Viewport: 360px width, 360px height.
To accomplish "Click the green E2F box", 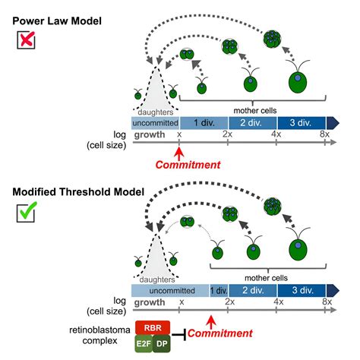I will [145, 344].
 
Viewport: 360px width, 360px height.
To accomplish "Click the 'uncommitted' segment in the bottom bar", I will [169, 289].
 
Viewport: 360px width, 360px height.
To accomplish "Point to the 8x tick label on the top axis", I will [326, 134].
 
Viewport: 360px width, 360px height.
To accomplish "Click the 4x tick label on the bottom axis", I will [278, 302].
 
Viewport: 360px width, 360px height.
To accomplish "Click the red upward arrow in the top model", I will [180, 150].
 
